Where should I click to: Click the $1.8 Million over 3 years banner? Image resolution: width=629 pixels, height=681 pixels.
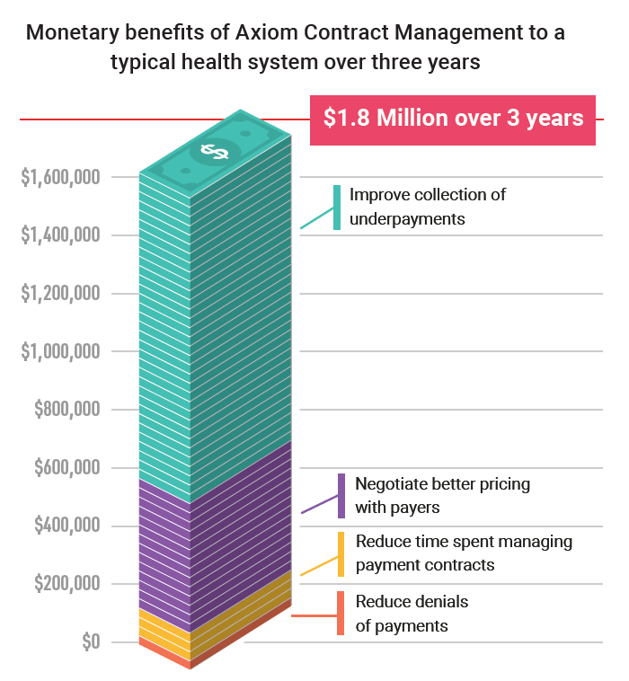pyautogui.click(x=454, y=119)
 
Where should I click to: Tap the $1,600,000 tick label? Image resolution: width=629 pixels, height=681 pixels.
pyautogui.click(x=60, y=178)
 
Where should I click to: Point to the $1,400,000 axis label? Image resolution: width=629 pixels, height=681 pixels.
pyautogui.click(x=60, y=235)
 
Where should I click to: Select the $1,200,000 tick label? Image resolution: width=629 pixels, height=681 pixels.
pyautogui.click(x=60, y=294)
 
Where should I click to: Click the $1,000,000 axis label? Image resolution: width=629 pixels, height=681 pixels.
pyautogui.click(x=60, y=352)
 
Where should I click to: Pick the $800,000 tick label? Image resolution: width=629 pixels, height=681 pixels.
pyautogui.click(x=67, y=410)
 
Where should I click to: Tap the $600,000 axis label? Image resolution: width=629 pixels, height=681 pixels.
pyautogui.click(x=67, y=468)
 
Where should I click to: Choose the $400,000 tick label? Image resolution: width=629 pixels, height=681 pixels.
pyautogui.click(x=67, y=526)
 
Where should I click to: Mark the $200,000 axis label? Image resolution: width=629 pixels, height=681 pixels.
pyautogui.click(x=67, y=584)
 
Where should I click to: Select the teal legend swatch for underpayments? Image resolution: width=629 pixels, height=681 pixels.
pyautogui.click(x=337, y=208)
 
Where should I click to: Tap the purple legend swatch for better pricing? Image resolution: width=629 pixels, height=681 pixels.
pyautogui.click(x=341, y=496)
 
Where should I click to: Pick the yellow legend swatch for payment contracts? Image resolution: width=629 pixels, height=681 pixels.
pyautogui.click(x=341, y=554)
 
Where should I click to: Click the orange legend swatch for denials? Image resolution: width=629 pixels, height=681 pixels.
pyautogui.click(x=341, y=614)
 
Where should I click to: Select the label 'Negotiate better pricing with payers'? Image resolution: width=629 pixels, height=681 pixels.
pyautogui.click(x=442, y=496)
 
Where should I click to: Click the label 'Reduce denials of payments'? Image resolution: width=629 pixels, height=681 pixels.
pyautogui.click(x=412, y=614)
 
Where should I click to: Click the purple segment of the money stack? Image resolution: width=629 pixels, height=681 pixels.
pyautogui.click(x=216, y=539)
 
